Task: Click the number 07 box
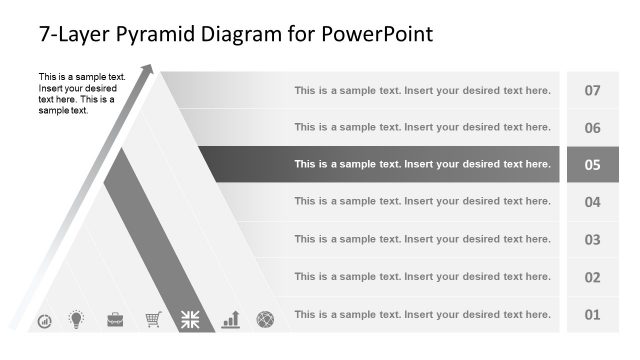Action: (592, 90)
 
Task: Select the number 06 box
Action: (592, 128)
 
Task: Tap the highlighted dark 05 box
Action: (592, 165)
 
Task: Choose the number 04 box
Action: (592, 202)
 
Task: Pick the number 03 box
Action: (592, 240)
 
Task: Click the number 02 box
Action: (592, 277)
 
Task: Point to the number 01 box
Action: (592, 315)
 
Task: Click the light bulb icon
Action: (75, 320)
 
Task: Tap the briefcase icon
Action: (115, 320)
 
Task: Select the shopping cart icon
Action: (153, 320)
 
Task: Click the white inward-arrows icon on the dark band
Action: (190, 320)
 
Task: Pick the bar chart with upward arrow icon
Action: (231, 320)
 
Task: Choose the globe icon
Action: (265, 320)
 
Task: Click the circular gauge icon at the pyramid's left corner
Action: (44, 321)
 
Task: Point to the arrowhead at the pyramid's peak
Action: (149, 70)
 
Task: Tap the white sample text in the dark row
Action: (422, 164)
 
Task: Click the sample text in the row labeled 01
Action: (422, 314)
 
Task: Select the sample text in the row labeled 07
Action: (422, 90)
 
